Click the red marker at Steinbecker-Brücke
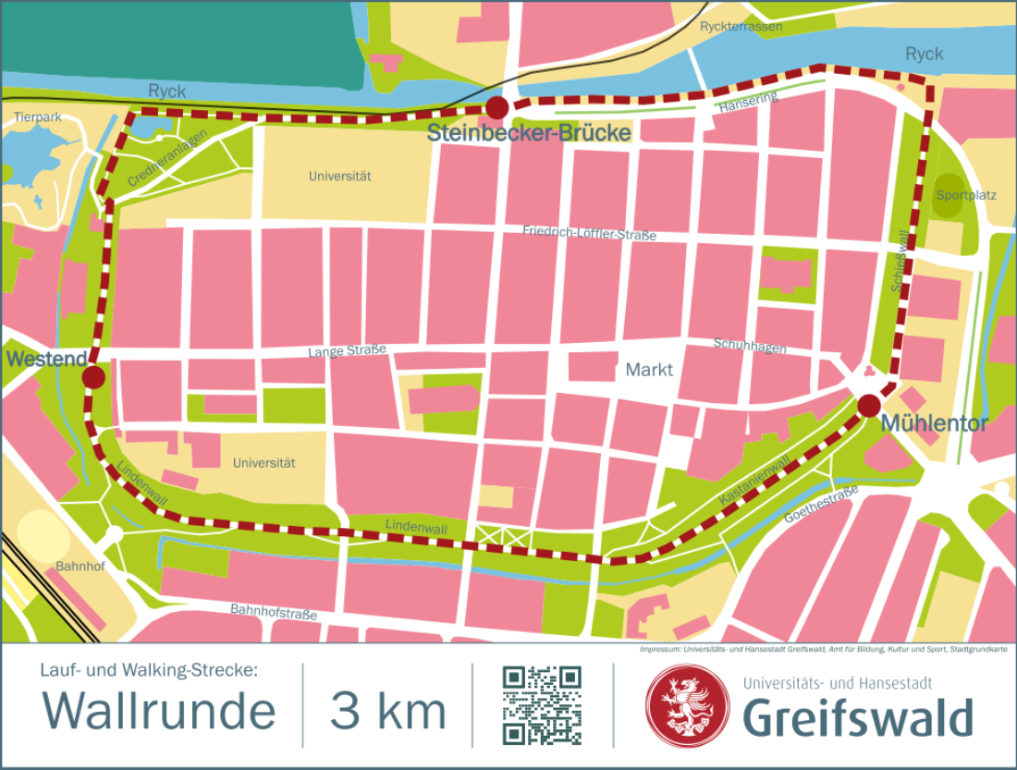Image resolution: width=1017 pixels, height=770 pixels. pos(497,107)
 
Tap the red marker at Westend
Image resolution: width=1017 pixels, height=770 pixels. pos(92,377)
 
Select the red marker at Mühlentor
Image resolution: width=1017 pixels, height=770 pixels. pos(868,405)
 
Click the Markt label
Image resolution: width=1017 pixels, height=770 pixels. pos(650,371)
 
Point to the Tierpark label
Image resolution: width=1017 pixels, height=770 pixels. pos(38,117)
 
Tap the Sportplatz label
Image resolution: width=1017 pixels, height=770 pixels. pos(966,195)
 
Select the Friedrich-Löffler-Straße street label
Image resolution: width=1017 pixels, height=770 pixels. pos(589,233)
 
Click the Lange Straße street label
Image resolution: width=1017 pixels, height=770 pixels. pos(347,351)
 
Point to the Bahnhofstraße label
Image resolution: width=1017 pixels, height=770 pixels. pos(273,612)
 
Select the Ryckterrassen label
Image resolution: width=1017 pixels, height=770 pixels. pos(741,27)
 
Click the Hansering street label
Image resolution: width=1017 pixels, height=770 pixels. pos(748,104)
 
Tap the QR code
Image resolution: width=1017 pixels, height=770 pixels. pos(542,705)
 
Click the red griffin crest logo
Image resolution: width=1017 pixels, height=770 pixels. pos(687,705)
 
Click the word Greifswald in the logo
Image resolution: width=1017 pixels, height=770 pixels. pos(858,718)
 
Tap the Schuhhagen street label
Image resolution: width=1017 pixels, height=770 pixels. pos(750,346)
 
